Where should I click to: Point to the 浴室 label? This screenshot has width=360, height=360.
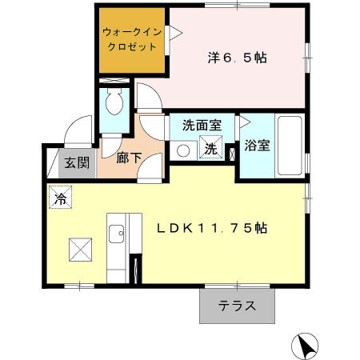pyautogui.click(x=256, y=147)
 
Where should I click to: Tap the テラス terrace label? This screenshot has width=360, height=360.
pyautogui.click(x=238, y=305)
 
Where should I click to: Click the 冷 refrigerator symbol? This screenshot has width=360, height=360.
pyautogui.click(x=60, y=198)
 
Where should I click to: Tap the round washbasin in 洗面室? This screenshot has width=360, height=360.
pyautogui.click(x=182, y=150)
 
